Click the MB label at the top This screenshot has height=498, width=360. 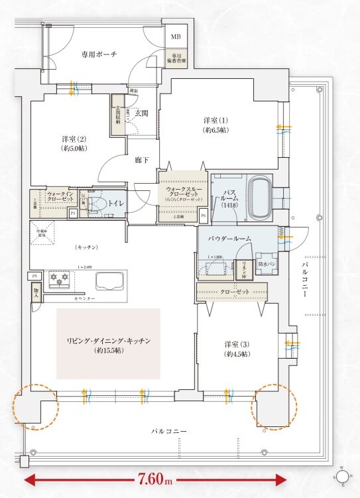pyautogui.click(x=176, y=36)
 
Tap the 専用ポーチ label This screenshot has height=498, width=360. pyautogui.click(x=99, y=54)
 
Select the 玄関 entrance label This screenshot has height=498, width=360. pyautogui.click(x=141, y=113)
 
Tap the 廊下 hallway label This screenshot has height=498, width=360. pyautogui.click(x=142, y=160)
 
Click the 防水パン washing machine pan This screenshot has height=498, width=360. pyautogui.click(x=267, y=264)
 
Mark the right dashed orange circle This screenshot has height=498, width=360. pyautogui.click(x=272, y=406)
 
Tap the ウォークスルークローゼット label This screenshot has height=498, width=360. pyautogui.click(x=182, y=193)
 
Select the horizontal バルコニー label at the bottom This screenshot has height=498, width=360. pyautogui.click(x=168, y=432)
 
